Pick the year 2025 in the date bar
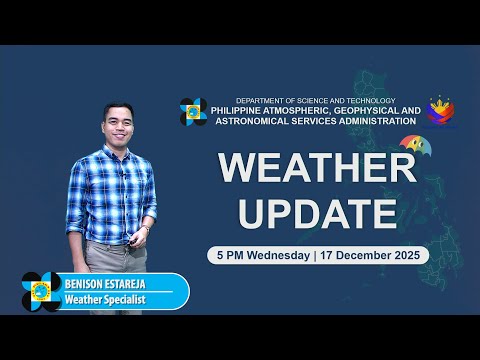click(408, 255)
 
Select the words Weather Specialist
click(105, 299)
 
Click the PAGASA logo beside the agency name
click(193, 112)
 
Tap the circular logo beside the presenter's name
click(41, 291)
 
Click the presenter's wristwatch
click(145, 229)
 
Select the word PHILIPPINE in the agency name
click(242, 111)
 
